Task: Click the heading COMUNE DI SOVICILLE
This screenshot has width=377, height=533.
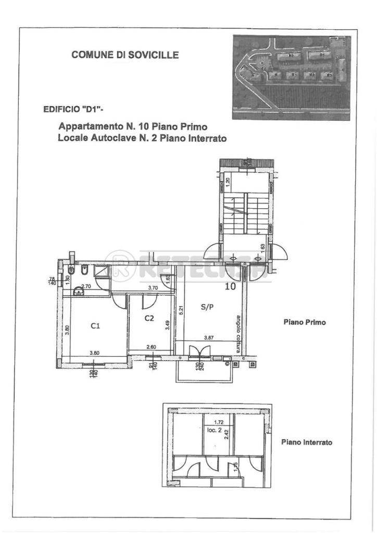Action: click(125, 55)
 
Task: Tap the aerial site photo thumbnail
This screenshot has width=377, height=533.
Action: click(292, 78)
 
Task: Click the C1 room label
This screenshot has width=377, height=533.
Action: click(95, 326)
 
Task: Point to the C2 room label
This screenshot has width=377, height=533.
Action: click(149, 318)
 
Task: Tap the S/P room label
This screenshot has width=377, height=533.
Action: click(207, 307)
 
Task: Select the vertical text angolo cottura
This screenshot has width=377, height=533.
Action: click(238, 334)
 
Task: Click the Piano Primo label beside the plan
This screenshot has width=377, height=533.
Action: click(305, 322)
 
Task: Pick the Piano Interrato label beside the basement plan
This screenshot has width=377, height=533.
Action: click(307, 442)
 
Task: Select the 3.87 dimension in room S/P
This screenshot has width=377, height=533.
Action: click(208, 338)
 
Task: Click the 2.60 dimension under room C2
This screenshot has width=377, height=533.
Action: click(151, 347)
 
